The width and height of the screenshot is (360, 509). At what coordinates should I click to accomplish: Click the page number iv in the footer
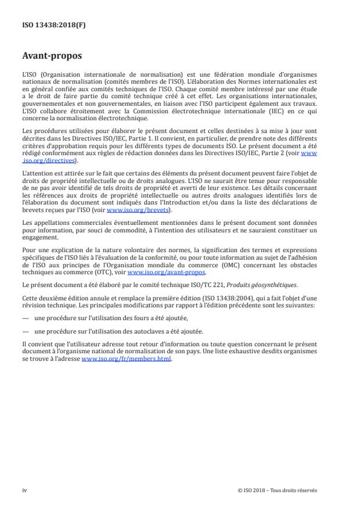click(24, 490)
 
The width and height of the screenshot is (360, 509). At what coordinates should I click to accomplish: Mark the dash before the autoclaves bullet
click(25, 330)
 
